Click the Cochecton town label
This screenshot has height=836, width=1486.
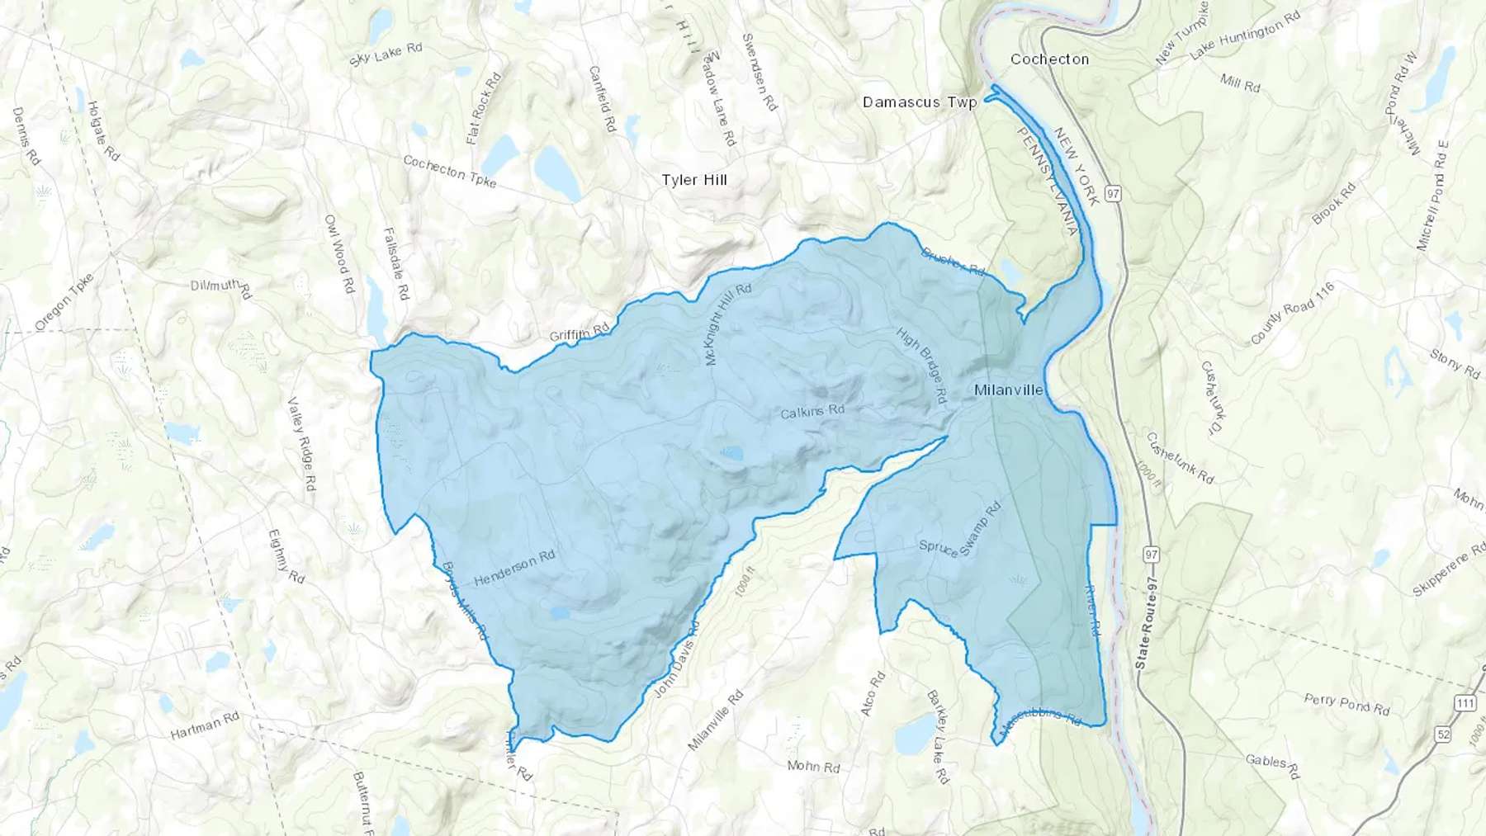pyautogui.click(x=1049, y=59)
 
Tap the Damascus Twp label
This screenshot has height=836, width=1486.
pyautogui.click(x=919, y=102)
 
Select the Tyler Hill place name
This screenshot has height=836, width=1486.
pyautogui.click(x=694, y=180)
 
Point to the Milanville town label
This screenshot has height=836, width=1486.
pyautogui.click(x=1009, y=390)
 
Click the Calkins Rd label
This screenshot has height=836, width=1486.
pyautogui.click(x=813, y=410)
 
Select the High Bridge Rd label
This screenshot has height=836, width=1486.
pyautogui.click(x=921, y=364)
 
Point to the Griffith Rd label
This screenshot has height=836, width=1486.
pyautogui.click(x=580, y=333)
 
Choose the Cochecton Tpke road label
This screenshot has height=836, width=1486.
pyautogui.click(x=450, y=172)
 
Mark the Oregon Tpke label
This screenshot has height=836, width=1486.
pyautogui.click(x=64, y=301)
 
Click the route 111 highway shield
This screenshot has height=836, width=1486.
pyautogui.click(x=1465, y=702)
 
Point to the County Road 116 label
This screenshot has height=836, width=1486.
pyautogui.click(x=1292, y=314)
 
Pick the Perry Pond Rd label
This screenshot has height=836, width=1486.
pyautogui.click(x=1346, y=704)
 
